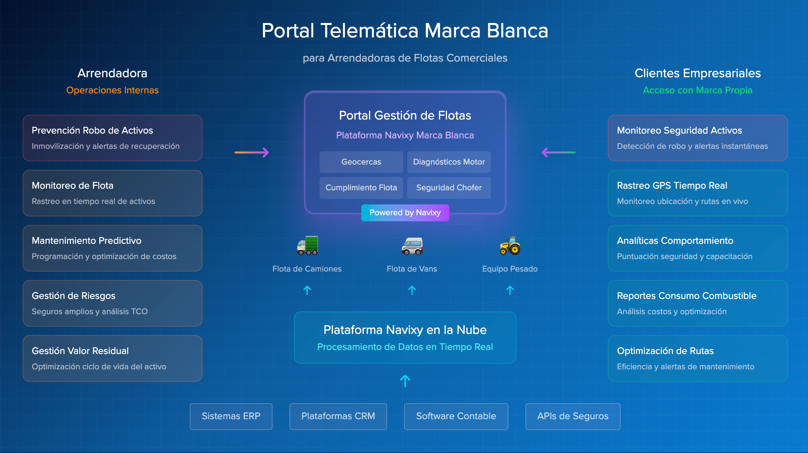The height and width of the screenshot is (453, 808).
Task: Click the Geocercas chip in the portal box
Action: point(361,162)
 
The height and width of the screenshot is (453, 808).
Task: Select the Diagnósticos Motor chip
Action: point(449,162)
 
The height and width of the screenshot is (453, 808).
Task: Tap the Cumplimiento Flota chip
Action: point(361,187)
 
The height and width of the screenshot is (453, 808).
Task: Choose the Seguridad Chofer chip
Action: point(449,187)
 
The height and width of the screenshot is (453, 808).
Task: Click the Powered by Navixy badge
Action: point(405,212)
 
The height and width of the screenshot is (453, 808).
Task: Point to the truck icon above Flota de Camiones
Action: point(308,245)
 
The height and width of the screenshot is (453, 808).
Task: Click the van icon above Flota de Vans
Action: point(412,246)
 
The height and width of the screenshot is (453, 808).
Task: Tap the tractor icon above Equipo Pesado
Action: point(510,245)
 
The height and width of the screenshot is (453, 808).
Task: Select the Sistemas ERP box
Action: point(231,416)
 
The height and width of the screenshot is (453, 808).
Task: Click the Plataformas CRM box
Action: point(338,416)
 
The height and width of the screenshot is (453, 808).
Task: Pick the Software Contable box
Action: point(456,416)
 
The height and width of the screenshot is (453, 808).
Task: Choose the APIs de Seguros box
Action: point(572,416)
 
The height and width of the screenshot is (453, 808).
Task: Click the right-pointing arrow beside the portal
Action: point(252,152)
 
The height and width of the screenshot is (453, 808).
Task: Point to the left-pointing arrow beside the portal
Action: point(558,152)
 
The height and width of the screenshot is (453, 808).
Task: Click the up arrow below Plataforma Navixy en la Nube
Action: point(405,381)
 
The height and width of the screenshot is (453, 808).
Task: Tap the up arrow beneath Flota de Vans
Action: point(412,290)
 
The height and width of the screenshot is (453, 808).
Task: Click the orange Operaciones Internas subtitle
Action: point(112,90)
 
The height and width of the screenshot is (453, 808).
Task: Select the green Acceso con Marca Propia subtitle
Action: point(697,90)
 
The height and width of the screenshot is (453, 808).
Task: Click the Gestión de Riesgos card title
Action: point(74,296)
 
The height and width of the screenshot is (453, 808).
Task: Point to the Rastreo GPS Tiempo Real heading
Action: point(672,185)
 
